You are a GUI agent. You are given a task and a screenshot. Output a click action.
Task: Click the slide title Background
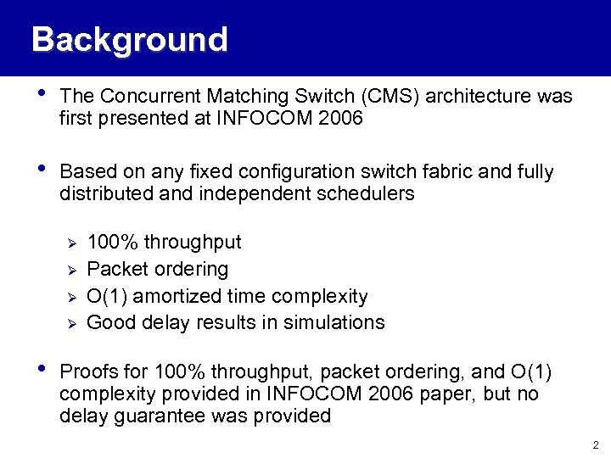pos(129,40)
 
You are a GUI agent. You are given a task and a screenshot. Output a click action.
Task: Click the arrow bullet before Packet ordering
pos(72,270)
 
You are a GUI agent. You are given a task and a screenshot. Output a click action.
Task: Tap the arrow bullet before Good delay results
pos(72,323)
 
